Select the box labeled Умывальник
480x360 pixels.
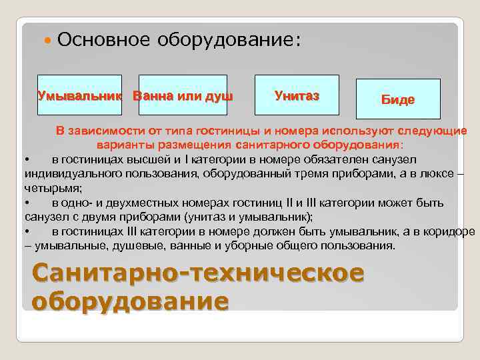click(79, 95)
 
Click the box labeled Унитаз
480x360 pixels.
click(297, 95)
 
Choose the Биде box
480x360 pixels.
click(398, 99)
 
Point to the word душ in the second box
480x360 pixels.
click(220, 96)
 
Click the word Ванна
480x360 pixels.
click(151, 96)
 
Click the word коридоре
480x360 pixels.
click(450, 231)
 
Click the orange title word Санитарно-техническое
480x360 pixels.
click(197, 273)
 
